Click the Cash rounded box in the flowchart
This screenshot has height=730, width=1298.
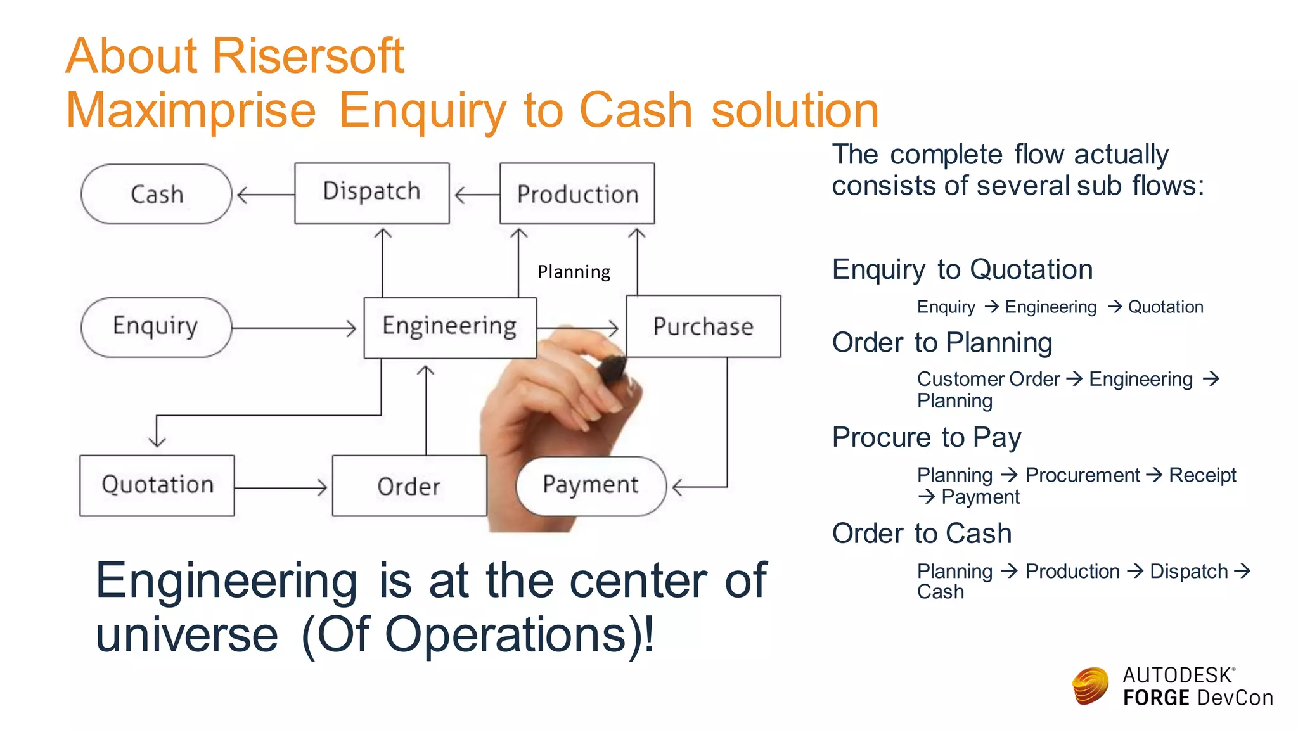pyautogui.click(x=157, y=194)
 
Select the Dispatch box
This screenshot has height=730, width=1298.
pyautogui.click(x=372, y=193)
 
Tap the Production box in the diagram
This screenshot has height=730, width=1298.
pyautogui.click(x=577, y=193)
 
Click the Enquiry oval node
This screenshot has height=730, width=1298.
pyautogui.click(x=156, y=327)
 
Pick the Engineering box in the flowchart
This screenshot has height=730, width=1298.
pyautogui.click(x=450, y=327)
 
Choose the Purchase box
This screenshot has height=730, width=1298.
pyautogui.click(x=703, y=326)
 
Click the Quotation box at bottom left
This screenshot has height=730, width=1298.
pyautogui.click(x=157, y=485)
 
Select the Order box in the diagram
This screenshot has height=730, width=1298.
pyautogui.click(x=409, y=486)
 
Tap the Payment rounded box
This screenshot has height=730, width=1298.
pyautogui.click(x=591, y=485)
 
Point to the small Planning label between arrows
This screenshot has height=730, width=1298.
pyautogui.click(x=574, y=272)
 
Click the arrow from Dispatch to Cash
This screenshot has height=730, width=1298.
pyautogui.click(x=265, y=195)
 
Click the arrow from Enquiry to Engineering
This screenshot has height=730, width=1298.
pyautogui.click(x=294, y=328)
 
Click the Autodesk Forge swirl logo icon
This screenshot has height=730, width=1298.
pyautogui.click(x=1090, y=686)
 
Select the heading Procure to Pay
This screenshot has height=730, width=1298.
pyautogui.click(x=927, y=437)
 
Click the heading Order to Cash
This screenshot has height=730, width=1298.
pyautogui.click(x=922, y=534)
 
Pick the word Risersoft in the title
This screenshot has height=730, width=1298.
pyautogui.click(x=308, y=56)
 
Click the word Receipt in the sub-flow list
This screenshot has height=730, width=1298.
pyautogui.click(x=1202, y=475)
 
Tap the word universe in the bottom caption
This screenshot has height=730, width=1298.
pyautogui.click(x=187, y=635)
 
